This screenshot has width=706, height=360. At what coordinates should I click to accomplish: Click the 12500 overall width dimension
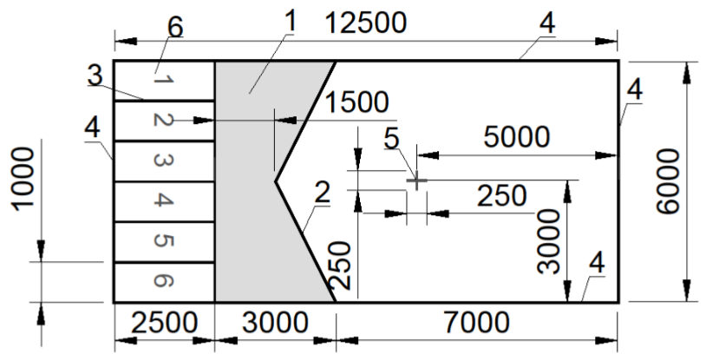pos(366,23)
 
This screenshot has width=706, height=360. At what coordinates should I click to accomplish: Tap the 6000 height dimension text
pos(667,181)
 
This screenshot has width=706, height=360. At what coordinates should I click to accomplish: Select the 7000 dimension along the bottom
pos(477,322)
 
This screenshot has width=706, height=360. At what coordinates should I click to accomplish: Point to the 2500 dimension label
pos(164,322)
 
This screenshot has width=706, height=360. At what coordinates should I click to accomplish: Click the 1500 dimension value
pos(356,102)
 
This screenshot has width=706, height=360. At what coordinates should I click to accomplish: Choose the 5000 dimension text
pos(517,136)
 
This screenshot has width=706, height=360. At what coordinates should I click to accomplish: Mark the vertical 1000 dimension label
pos(23,179)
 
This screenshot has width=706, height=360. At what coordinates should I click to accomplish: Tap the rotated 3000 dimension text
pos(549,242)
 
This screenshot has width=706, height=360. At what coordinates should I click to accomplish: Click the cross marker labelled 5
pos(416,180)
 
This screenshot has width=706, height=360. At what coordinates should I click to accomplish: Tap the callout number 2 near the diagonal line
pos(323,193)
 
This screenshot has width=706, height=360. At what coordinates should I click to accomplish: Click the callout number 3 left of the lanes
pos(95,76)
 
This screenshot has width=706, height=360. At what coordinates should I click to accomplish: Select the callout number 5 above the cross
pos(391,139)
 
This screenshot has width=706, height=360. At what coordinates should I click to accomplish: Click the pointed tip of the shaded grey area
pos(276,181)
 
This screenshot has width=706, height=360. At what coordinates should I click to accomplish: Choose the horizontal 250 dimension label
pos(501,196)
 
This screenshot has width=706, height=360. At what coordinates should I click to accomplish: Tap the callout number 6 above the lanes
pos(175,28)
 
